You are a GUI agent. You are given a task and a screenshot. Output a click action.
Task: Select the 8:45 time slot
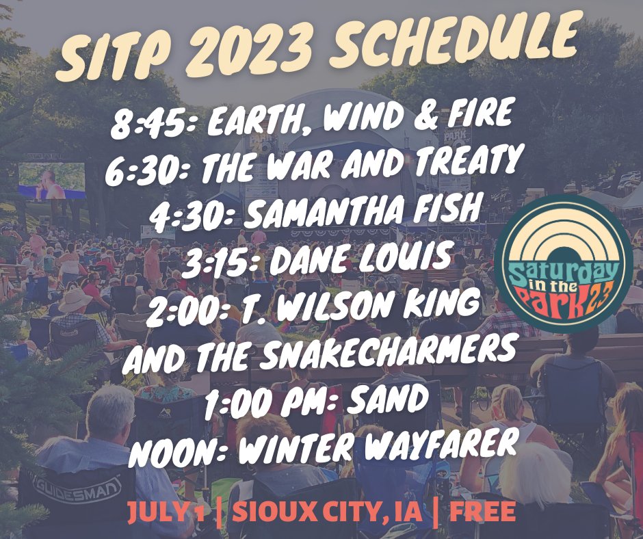point(154,122)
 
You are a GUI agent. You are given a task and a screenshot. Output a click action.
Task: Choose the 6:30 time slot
point(150,171)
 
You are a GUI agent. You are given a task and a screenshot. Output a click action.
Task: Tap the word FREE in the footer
point(482,511)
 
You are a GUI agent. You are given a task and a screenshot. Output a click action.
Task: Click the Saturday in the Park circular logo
point(563,264)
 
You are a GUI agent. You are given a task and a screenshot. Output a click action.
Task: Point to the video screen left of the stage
point(52,181)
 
